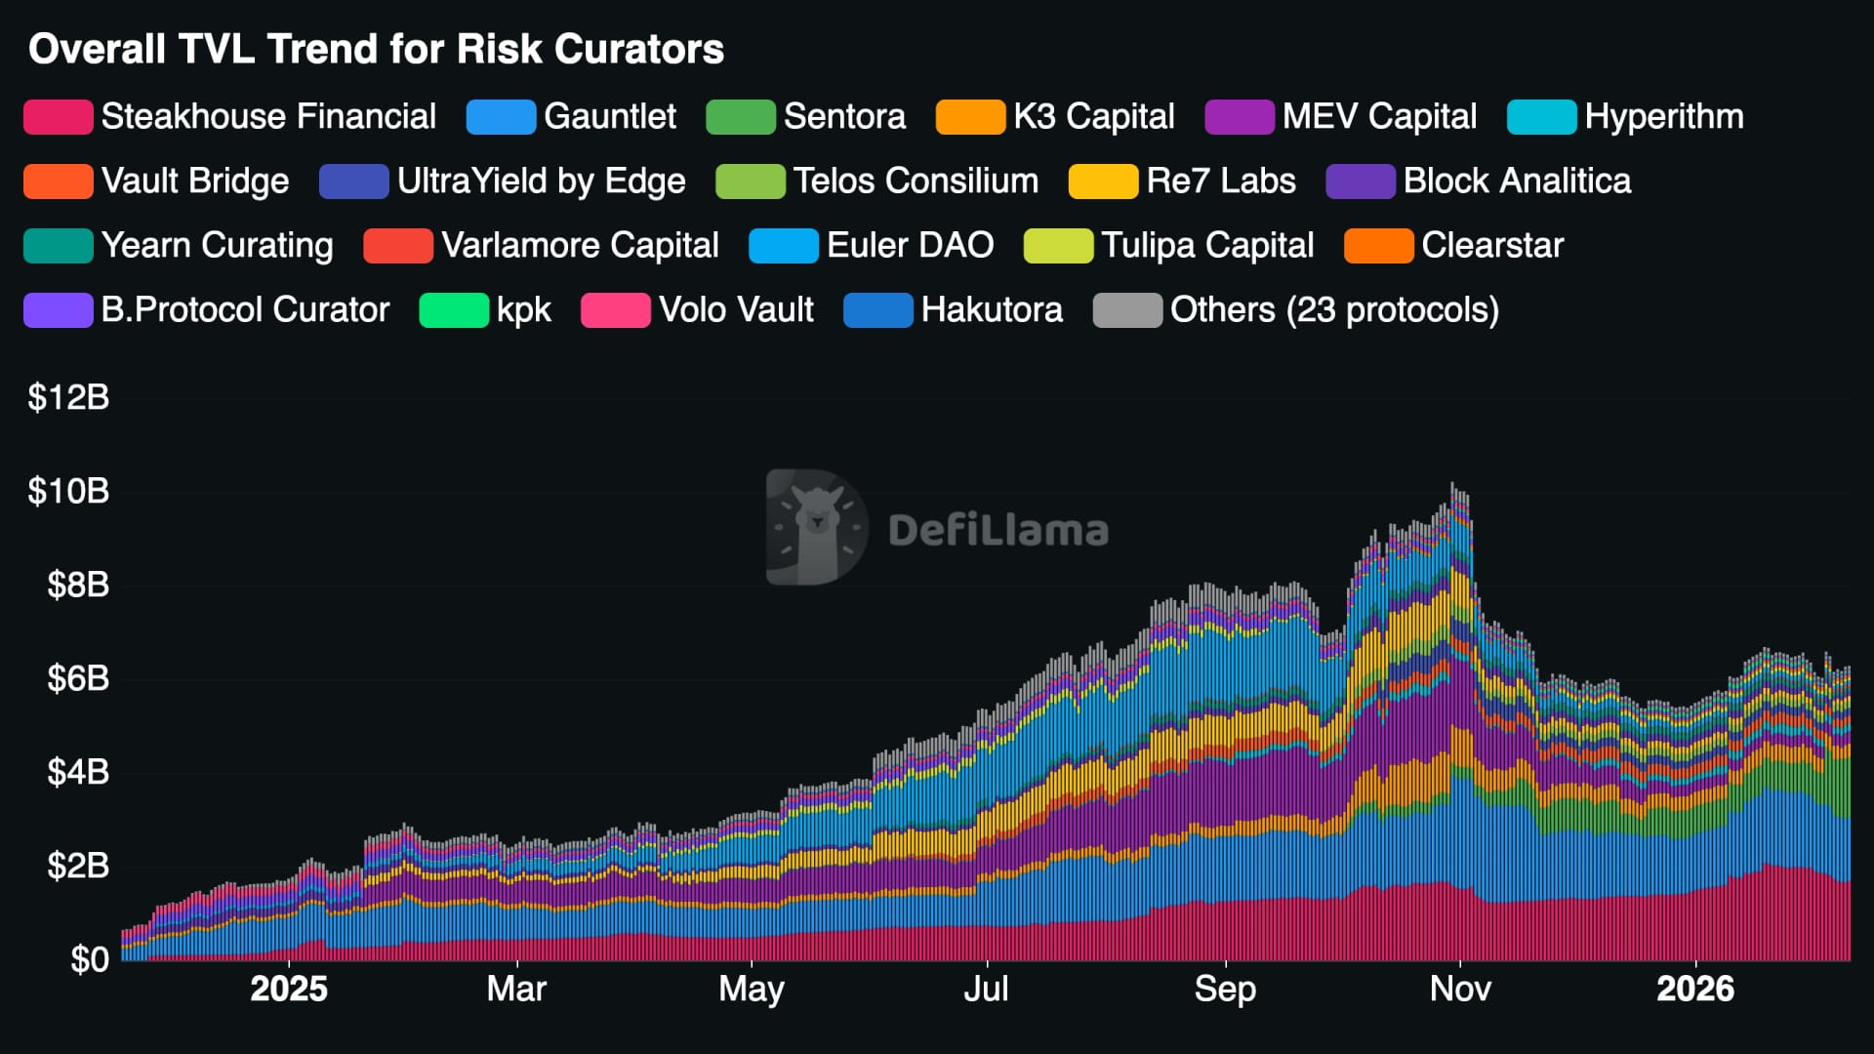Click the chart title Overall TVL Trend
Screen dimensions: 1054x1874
pyautogui.click(x=376, y=49)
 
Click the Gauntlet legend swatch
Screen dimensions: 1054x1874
pyautogui.click(x=501, y=117)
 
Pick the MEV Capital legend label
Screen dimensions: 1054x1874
pyautogui.click(x=1378, y=116)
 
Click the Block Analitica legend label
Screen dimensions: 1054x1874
pyautogui.click(x=1517, y=181)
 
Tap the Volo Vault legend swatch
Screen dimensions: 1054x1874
pyautogui.click(x=615, y=310)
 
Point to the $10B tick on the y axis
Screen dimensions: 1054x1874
pyautogui.click(x=68, y=491)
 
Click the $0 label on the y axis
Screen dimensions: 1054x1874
pyautogui.click(x=89, y=959)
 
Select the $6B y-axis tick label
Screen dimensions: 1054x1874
pyautogui.click(x=78, y=678)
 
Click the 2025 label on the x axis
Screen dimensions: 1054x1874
pyautogui.click(x=289, y=989)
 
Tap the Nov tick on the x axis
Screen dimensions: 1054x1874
pyautogui.click(x=1460, y=989)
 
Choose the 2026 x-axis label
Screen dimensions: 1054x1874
pyautogui.click(x=1695, y=989)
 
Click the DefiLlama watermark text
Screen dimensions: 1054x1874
pyautogui.click(x=998, y=531)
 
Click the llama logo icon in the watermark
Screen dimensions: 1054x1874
pyautogui.click(x=816, y=527)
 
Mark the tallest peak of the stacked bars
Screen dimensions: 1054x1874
pyautogui.click(x=1452, y=485)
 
